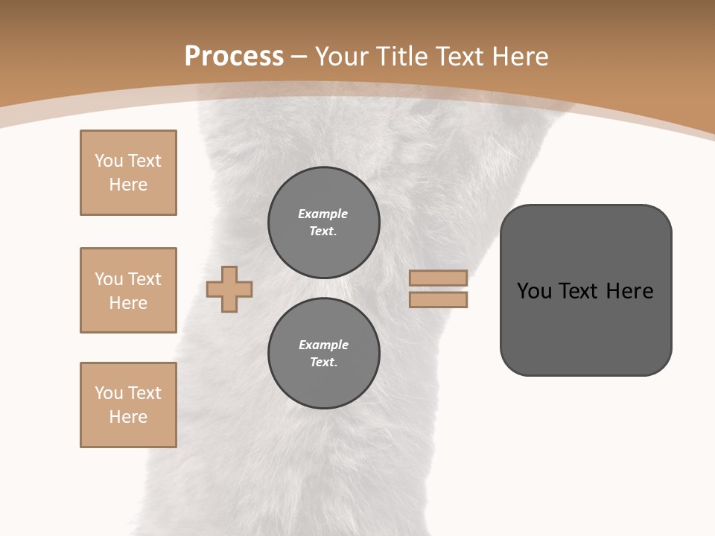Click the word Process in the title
234,57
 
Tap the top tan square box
128,173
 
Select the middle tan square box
128,290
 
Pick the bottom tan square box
128,405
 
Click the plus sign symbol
229,289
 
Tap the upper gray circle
324,223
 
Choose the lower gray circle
324,354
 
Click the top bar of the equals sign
438,278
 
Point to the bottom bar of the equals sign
438,299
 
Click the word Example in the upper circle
323,214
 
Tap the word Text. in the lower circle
323,363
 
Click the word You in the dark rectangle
535,291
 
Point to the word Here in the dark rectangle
629,291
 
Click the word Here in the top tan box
128,185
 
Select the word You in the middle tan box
109,279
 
